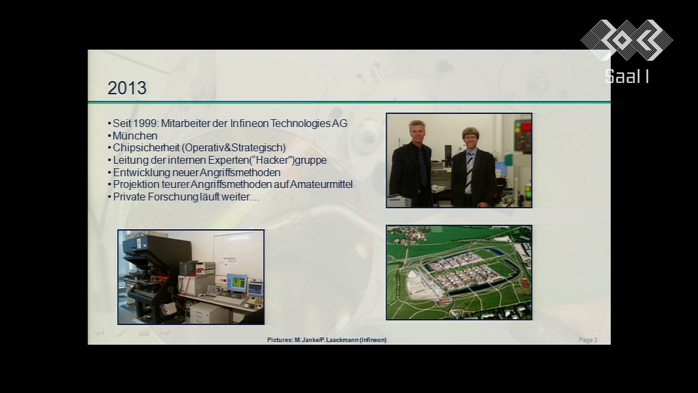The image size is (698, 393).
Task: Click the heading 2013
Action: coord(127,88)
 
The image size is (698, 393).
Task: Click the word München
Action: coord(135,136)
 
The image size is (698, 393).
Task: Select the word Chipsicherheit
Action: coord(146,148)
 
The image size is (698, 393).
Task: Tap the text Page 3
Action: coord(588,340)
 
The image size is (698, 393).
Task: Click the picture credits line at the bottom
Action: coord(327,340)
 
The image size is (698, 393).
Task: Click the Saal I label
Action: coord(627,76)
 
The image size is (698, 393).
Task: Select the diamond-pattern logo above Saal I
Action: coord(627,40)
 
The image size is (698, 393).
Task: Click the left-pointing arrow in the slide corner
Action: coord(99,332)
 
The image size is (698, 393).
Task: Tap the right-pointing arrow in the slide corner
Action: coord(165,332)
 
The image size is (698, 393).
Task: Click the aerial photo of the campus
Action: coord(459,273)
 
